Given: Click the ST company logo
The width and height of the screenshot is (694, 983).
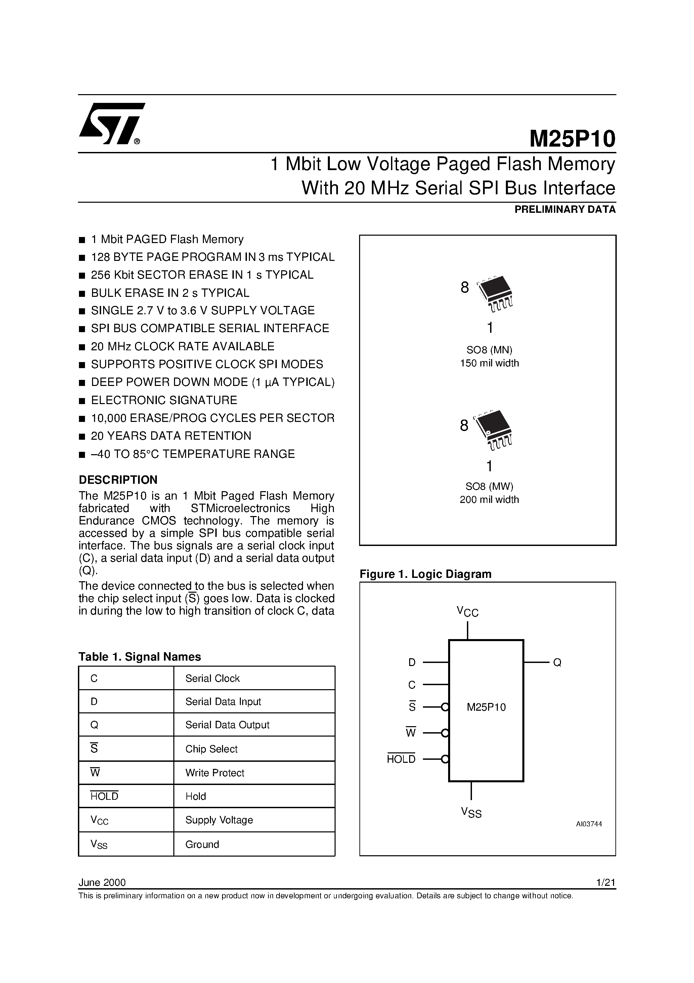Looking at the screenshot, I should [x=112, y=124].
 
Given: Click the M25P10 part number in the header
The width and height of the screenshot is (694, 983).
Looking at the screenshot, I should [x=572, y=139].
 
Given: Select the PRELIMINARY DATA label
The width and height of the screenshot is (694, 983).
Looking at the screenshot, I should [x=565, y=210].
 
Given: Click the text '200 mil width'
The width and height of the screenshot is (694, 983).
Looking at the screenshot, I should [x=489, y=500].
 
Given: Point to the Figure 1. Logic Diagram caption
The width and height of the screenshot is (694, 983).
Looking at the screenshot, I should [x=425, y=574].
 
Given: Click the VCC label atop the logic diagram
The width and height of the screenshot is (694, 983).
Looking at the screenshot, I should [x=467, y=612].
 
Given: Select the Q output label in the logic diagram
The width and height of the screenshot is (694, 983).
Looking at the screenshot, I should [x=557, y=663].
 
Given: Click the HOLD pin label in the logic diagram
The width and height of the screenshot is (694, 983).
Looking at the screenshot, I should [x=401, y=759].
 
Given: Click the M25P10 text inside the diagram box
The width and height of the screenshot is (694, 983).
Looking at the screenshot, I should [x=486, y=707].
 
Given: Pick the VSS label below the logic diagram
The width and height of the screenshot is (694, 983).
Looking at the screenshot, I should [x=471, y=812].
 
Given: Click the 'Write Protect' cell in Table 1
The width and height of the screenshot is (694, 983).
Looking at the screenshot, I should [x=215, y=773].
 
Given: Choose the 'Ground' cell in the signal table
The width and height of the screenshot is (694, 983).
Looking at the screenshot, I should [x=202, y=844].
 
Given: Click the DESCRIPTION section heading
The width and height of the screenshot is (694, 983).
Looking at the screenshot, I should [x=118, y=479].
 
